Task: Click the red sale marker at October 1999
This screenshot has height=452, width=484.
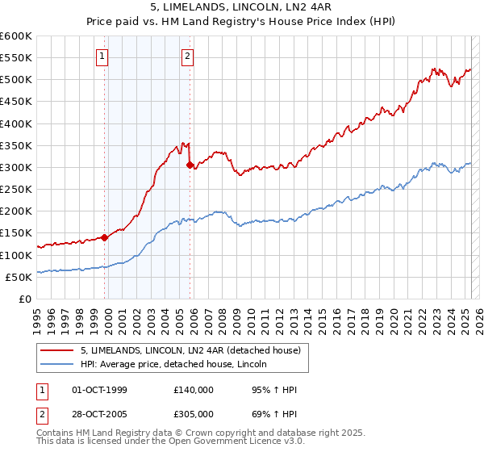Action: click(105, 237)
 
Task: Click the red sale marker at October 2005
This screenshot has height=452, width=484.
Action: click(190, 165)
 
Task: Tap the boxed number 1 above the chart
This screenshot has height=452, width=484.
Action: click(104, 56)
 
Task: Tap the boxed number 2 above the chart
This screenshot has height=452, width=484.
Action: click(187, 56)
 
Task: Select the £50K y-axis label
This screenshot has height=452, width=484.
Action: click(19, 277)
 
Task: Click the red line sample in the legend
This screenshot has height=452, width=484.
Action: click(58, 350)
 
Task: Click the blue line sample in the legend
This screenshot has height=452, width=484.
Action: click(58, 364)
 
